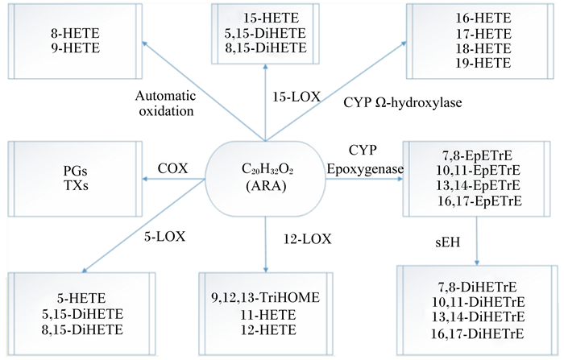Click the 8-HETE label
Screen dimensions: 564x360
coord(75,33)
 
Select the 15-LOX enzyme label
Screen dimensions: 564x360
coord(296,97)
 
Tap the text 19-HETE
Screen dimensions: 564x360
coord(483,64)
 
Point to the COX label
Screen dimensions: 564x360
coord(172,168)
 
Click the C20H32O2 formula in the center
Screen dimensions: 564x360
coord(267,169)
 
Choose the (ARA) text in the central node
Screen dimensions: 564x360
coord(266,186)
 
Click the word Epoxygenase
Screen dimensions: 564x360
coord(365,169)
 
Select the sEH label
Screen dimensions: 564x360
coord(447,242)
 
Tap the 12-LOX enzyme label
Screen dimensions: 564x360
coord(307,239)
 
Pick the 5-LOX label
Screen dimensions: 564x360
coord(164,237)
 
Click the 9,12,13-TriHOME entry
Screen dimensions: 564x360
coord(265,297)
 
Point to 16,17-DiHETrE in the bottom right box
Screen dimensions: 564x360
coord(478,333)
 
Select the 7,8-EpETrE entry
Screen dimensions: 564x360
coord(477,155)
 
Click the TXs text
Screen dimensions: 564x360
coord(76,185)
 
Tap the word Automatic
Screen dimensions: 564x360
coord(165,96)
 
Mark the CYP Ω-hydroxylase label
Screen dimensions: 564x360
coord(403,103)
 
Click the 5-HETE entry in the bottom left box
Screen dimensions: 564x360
coord(81,298)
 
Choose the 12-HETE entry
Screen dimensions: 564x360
coord(268,329)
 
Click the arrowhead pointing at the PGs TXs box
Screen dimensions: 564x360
coord(144,179)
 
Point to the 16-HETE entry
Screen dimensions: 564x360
coord(483,18)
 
